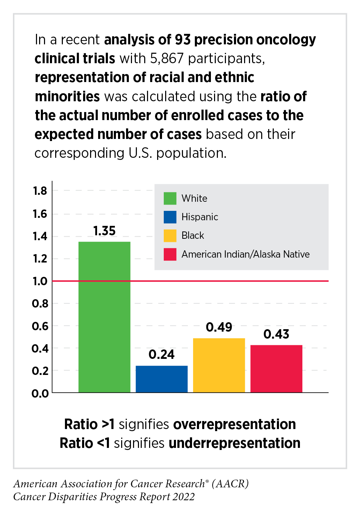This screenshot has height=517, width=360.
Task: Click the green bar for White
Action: point(104,317)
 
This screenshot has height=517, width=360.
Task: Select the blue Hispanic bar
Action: point(162,379)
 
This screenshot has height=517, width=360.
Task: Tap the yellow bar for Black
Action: point(219,365)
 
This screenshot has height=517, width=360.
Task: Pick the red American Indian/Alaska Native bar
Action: point(276,369)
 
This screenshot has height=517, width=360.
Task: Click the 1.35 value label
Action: point(104,231)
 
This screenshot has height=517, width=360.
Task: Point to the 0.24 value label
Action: point(162,355)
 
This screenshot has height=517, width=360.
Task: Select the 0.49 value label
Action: point(219,327)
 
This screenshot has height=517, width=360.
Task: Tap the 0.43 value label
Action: point(276,334)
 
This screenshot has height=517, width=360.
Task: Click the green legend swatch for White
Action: point(170,198)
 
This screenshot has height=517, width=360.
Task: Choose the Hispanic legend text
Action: point(200,217)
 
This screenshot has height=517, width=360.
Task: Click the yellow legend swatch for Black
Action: point(170,236)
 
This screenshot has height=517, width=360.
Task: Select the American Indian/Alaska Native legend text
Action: point(245,254)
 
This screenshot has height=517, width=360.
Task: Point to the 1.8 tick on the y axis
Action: point(40,191)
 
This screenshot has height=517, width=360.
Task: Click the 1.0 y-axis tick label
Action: point(40,281)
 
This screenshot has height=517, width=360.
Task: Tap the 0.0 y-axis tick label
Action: point(40,394)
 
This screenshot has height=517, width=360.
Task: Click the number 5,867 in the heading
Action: point(167,59)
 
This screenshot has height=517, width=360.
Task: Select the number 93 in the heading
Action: point(182,40)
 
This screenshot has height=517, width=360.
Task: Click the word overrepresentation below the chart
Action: point(235,424)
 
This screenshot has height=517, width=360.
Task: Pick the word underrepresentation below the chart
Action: point(235,443)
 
